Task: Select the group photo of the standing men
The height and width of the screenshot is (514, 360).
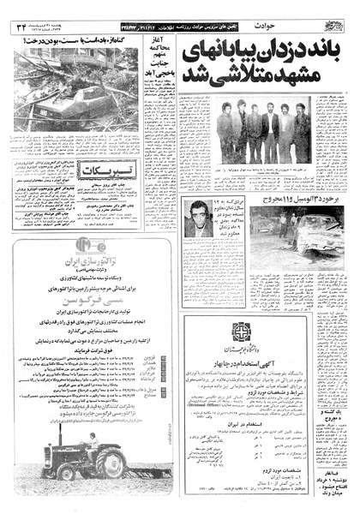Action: click(262, 134)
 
